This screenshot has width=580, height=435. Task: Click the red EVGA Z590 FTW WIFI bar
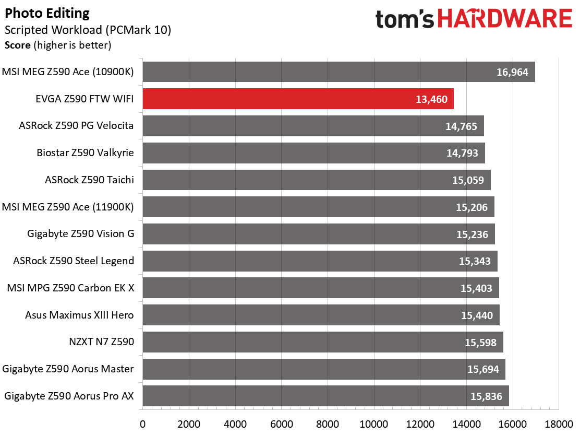coord(297,99)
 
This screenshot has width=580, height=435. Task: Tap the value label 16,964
coord(513,72)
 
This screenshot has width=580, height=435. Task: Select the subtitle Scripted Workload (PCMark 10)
coord(88,30)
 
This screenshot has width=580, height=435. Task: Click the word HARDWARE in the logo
coord(504,20)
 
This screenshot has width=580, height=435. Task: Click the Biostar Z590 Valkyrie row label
coord(85,153)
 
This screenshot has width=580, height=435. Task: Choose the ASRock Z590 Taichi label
coord(89,180)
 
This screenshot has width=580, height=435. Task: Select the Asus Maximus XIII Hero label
coord(79,315)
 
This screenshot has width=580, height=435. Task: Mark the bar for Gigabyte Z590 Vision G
coord(318,234)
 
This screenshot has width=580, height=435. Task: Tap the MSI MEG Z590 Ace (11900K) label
coord(68,207)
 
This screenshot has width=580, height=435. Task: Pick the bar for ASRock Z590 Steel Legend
coord(320,261)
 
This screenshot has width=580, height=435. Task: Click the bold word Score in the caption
coord(18,45)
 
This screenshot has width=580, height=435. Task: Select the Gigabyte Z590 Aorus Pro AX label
coord(69,396)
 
